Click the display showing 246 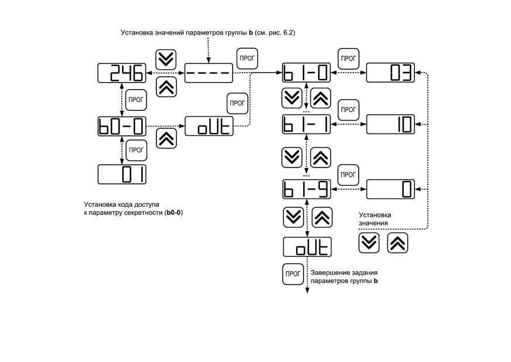click(x=122, y=73)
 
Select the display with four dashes click(x=209, y=73)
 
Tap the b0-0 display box click(x=122, y=127)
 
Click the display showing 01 click(x=122, y=175)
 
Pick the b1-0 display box click(x=306, y=73)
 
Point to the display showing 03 click(x=390, y=73)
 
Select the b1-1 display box click(x=306, y=124)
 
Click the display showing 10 click(x=390, y=124)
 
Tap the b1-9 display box click(x=306, y=189)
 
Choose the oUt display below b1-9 click(x=307, y=247)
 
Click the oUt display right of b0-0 click(x=209, y=126)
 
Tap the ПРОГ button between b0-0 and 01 click(x=136, y=150)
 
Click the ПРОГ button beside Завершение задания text click(x=293, y=274)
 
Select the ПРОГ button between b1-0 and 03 click(x=348, y=59)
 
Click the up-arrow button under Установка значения click(x=397, y=243)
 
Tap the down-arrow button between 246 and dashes click(x=166, y=60)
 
